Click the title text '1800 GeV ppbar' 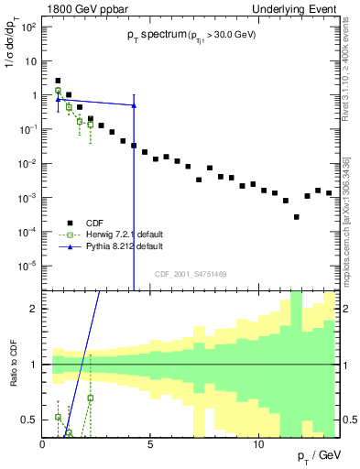(x=78, y=8)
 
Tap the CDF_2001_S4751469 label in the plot (x=190, y=273)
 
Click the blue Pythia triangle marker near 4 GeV (x=134, y=104)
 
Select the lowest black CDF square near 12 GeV (x=296, y=217)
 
